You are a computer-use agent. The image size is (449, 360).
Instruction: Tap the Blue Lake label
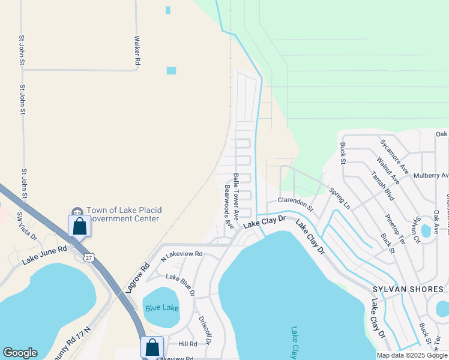tap(162, 308)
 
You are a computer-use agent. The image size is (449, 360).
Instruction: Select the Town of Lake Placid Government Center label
tap(123, 214)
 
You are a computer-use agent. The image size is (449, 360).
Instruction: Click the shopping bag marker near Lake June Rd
tap(79, 227)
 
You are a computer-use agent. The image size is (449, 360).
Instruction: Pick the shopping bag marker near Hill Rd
tap(152, 347)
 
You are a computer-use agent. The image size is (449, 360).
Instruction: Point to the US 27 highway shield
tap(89, 257)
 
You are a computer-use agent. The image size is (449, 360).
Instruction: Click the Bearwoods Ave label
tap(229, 206)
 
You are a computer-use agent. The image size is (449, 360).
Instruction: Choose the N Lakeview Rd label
tap(182, 255)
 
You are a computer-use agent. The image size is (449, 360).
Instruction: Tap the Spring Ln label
tap(339, 198)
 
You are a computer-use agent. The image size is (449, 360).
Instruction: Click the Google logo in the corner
tap(20, 353)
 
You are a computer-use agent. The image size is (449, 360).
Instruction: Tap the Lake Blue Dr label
tap(180, 284)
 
